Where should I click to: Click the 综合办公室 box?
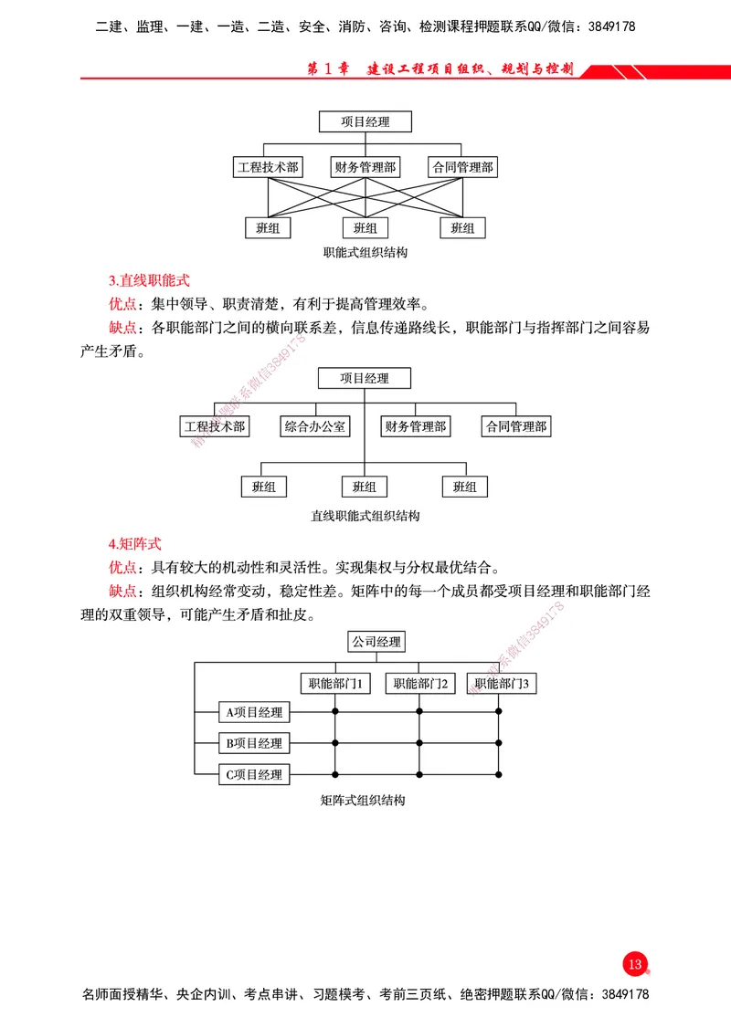[x=315, y=426]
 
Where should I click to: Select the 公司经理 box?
[x=376, y=642]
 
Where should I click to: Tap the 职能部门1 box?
[x=335, y=683]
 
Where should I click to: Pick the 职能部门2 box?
[x=419, y=683]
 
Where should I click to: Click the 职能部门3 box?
[x=500, y=683]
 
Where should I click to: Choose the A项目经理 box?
[x=254, y=712]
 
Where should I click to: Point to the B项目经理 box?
[x=254, y=743]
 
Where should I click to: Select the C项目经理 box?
[x=254, y=775]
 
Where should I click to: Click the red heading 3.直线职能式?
[x=149, y=280]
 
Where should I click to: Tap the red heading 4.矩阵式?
[x=135, y=543]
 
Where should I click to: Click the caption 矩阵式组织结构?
[x=363, y=801]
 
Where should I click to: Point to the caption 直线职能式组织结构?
[x=365, y=516]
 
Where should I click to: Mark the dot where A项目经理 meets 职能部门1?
[x=335, y=711]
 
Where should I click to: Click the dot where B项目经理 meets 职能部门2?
[x=419, y=743]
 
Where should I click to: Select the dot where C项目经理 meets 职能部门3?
[x=500, y=774]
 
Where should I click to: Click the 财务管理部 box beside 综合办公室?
[x=416, y=426]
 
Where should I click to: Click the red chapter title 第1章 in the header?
[x=326, y=69]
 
